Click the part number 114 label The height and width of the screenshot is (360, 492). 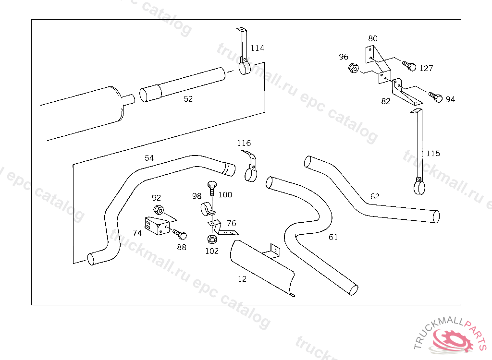pos(257,48)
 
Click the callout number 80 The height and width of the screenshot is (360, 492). pos(373,38)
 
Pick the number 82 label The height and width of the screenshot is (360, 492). pos(386,102)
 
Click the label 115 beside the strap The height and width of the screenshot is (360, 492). pos(432,154)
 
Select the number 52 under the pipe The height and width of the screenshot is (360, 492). pos(188,99)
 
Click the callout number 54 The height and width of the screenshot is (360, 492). pos(149,158)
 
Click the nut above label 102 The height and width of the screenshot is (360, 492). pos(212,239)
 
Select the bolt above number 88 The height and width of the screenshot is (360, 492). pos(180,235)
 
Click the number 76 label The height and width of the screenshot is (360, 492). pos(232,223)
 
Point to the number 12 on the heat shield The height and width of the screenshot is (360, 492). pos(242,279)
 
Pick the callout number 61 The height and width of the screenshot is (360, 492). pos(333,237)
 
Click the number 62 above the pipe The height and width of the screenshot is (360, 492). pos(375,196)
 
